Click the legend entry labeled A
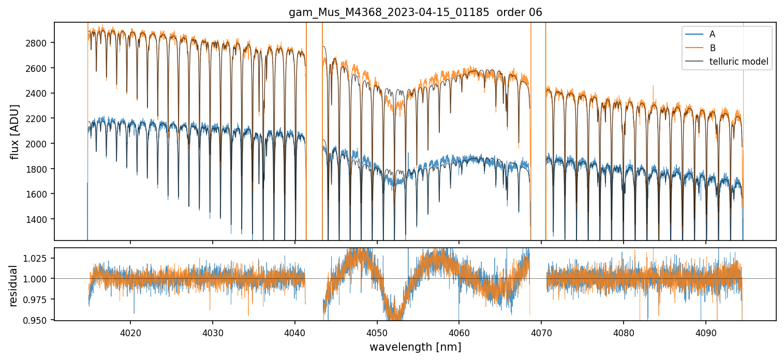coord(712,34)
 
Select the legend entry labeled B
coord(712,48)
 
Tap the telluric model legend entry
coord(738,62)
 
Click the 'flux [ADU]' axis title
coord(14,131)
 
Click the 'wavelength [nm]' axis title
coord(415,347)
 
